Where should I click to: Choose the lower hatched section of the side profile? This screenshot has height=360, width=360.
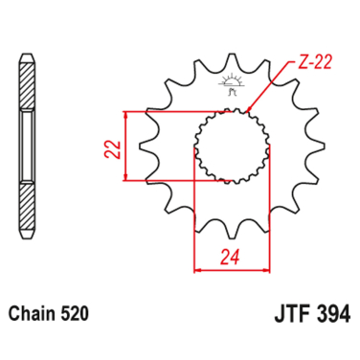[x=28, y=202]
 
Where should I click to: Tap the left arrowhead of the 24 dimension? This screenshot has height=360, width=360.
[x=198, y=270]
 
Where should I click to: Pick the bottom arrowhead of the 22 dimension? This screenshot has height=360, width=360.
[x=125, y=176]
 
